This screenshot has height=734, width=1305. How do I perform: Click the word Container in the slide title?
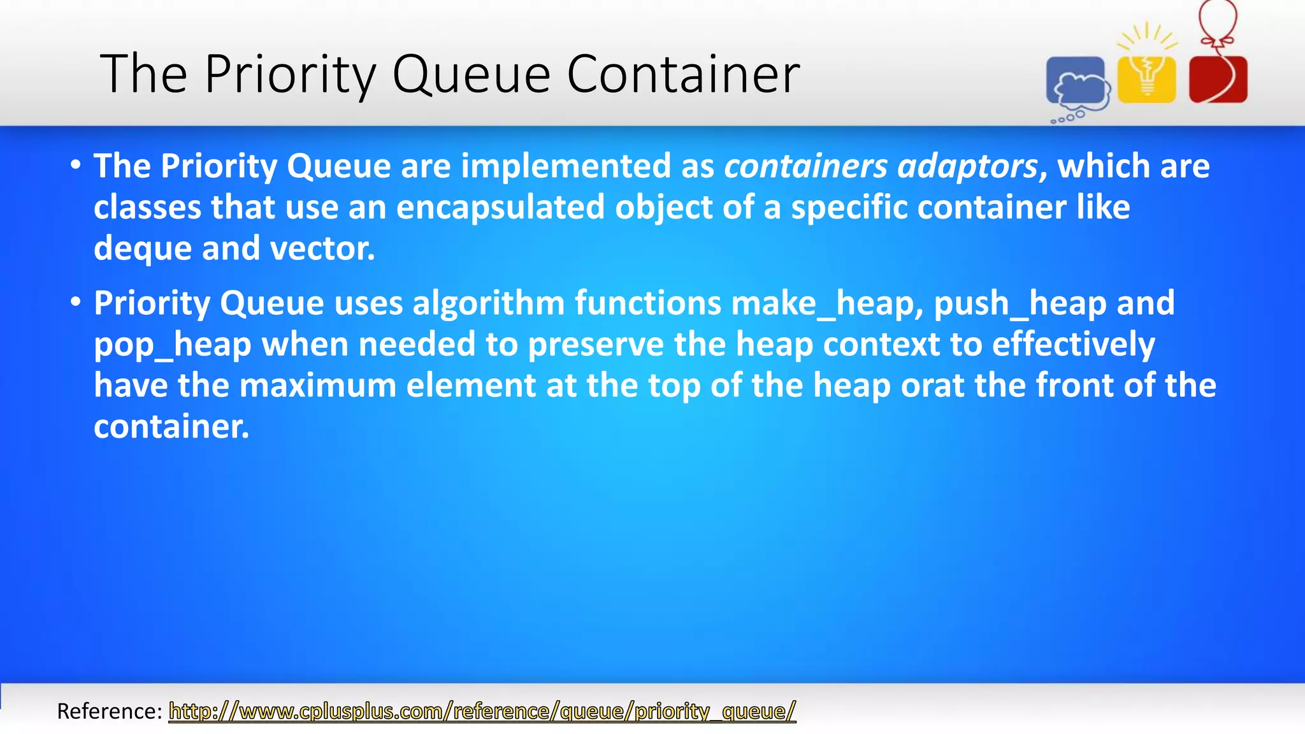[682, 75]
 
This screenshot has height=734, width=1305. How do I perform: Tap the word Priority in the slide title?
[291, 75]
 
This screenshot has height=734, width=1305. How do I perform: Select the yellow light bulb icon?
[1147, 78]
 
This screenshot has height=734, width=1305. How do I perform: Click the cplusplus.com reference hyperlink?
[482, 710]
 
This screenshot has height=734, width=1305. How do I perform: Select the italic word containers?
[805, 166]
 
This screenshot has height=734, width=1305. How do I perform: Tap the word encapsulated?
[500, 207]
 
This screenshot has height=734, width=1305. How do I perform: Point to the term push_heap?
[1020, 303]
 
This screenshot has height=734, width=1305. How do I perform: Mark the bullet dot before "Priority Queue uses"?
[76, 303]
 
